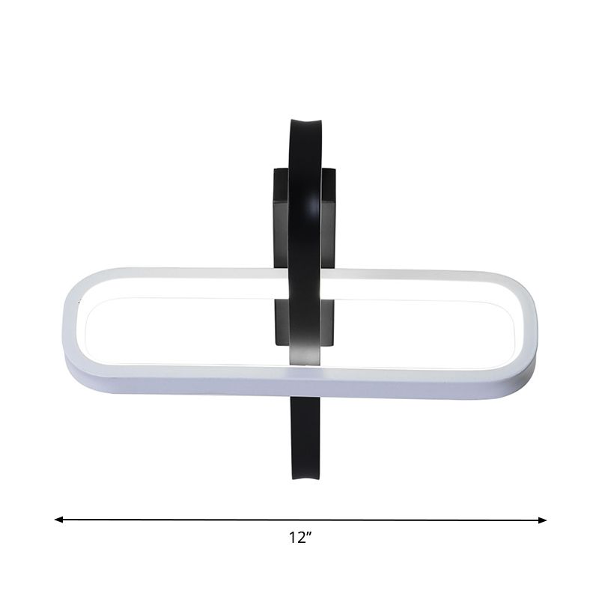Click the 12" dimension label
299,537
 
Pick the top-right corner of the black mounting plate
335,170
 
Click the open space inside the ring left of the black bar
180,329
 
